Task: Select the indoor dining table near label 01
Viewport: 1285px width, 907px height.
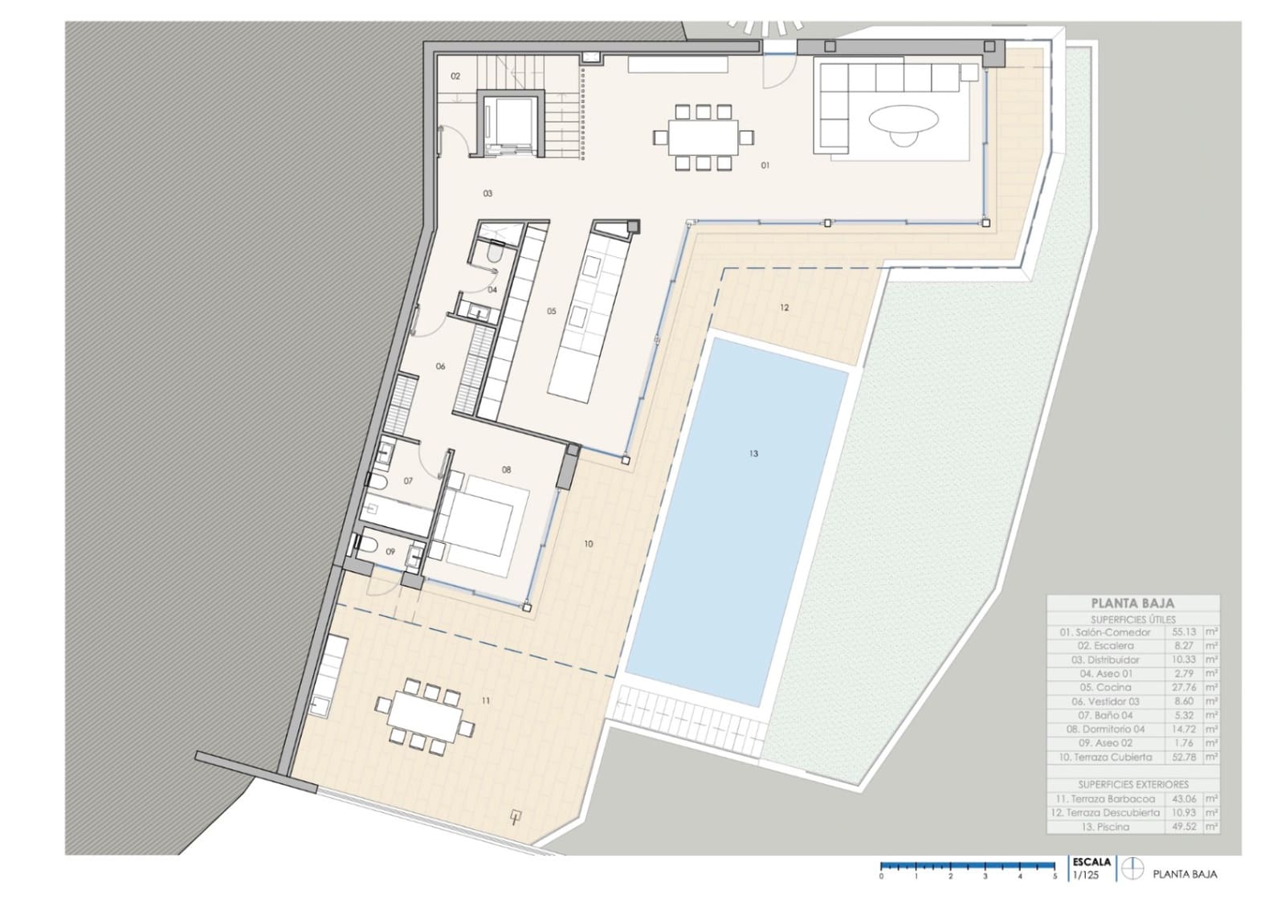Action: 703,137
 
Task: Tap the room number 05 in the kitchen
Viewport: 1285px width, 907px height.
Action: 551,311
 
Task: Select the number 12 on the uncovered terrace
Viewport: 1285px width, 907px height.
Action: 784,308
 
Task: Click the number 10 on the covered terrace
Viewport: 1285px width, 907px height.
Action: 589,544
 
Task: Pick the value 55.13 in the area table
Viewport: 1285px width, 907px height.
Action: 1184,632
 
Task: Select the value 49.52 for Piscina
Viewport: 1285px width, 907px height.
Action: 1184,826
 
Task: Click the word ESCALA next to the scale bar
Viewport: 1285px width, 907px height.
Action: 1091,862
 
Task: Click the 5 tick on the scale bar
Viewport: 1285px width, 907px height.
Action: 1055,876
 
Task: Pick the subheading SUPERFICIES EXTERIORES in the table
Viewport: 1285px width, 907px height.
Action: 1132,784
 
